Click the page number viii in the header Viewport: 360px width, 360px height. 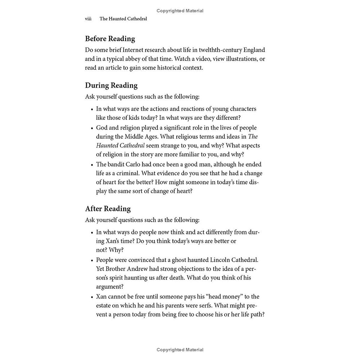(x=88, y=19)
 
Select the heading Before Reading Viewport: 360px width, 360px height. (x=110, y=39)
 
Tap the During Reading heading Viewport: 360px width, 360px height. (x=111, y=85)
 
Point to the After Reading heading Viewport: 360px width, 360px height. (x=108, y=209)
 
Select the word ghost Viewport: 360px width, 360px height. (x=188, y=260)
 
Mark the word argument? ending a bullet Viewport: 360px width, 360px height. (x=110, y=287)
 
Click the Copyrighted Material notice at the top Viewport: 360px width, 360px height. (x=180, y=11)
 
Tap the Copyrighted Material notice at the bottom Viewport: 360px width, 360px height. (x=180, y=350)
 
